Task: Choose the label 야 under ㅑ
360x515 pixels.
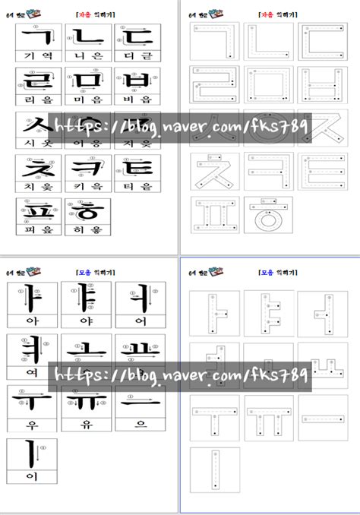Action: pyautogui.click(x=85, y=320)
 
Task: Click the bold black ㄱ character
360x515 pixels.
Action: pyautogui.click(x=36, y=36)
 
